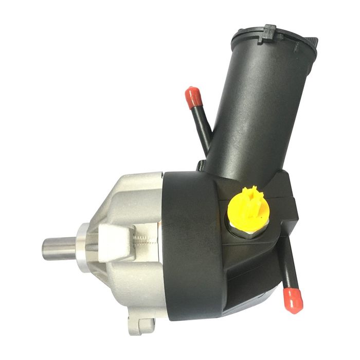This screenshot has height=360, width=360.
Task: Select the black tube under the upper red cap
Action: tap(202, 129)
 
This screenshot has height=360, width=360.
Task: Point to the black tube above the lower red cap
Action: tap(287, 267)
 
